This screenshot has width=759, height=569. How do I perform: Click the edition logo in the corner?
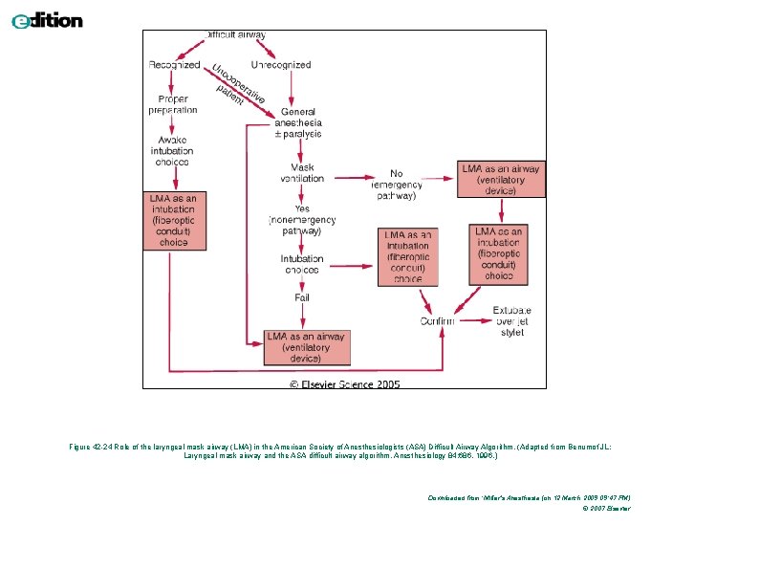[x=47, y=20]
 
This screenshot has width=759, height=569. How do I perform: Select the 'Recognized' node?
[x=174, y=65]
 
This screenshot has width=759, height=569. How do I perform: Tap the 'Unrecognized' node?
[x=281, y=65]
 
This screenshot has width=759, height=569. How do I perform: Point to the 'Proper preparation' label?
[x=173, y=104]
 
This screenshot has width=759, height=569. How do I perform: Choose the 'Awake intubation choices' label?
[x=173, y=150]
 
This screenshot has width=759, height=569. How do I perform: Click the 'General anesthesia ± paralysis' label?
[x=298, y=123]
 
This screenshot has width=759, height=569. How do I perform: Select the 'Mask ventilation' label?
[x=301, y=173]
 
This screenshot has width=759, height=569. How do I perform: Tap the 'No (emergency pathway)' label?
[x=395, y=185]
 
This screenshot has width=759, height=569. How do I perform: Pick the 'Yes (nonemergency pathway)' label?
[x=302, y=219]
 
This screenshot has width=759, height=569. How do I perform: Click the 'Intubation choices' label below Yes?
[x=301, y=264]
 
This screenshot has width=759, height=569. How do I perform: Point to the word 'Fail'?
[x=301, y=298]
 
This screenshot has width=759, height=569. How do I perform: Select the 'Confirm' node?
[x=438, y=320]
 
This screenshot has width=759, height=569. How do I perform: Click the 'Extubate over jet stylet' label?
[x=512, y=321]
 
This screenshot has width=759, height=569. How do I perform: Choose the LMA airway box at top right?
[x=501, y=180]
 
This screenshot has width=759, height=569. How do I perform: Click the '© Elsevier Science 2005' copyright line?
[x=345, y=384]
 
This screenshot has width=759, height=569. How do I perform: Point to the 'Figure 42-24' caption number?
[x=93, y=447]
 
